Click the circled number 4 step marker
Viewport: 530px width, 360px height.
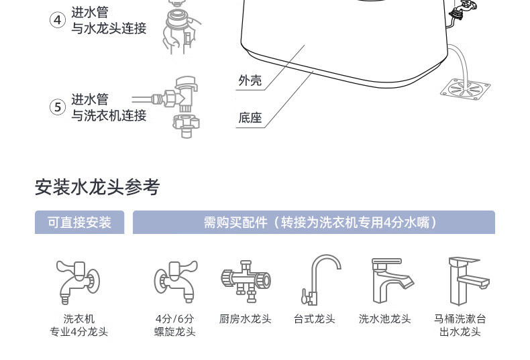point(58,20)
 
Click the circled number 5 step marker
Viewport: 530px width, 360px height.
point(58,107)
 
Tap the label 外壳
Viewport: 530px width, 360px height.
point(250,81)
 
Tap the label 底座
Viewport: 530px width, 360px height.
point(250,118)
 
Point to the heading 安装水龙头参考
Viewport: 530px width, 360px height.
point(97,187)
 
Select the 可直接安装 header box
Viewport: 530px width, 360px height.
point(79,223)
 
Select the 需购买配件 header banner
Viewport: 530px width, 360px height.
point(313,223)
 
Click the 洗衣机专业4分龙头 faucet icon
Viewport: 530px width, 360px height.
point(78,280)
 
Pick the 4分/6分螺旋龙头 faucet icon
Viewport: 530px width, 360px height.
point(174,280)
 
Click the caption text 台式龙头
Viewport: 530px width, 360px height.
point(314,319)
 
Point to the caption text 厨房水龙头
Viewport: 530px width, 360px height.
point(245,319)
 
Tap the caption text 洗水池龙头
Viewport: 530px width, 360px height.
point(384,319)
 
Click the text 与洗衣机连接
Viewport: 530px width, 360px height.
point(109,115)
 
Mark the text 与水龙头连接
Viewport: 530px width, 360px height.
point(109,29)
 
